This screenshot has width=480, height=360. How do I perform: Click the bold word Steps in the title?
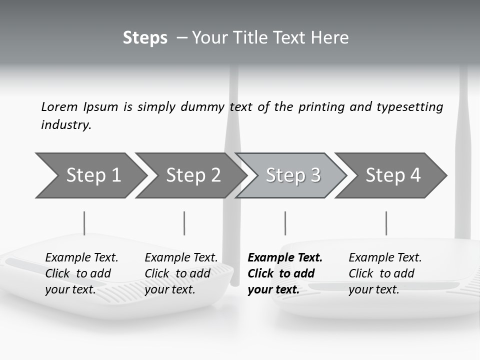[145, 38]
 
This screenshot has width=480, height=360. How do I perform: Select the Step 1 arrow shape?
[90, 175]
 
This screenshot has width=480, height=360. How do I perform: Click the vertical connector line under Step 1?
[84, 223]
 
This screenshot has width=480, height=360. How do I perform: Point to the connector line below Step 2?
[184, 223]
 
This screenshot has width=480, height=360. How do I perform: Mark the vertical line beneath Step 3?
[285, 223]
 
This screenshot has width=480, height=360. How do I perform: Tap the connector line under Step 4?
[386, 223]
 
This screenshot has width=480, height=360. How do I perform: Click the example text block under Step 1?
[81, 273]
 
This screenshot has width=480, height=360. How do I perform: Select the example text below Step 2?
[181, 273]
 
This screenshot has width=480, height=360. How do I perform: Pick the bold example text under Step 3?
[285, 273]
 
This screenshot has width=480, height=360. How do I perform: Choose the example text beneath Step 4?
[385, 273]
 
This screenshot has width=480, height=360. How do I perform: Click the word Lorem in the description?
[59, 107]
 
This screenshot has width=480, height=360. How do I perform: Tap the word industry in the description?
[66, 125]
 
